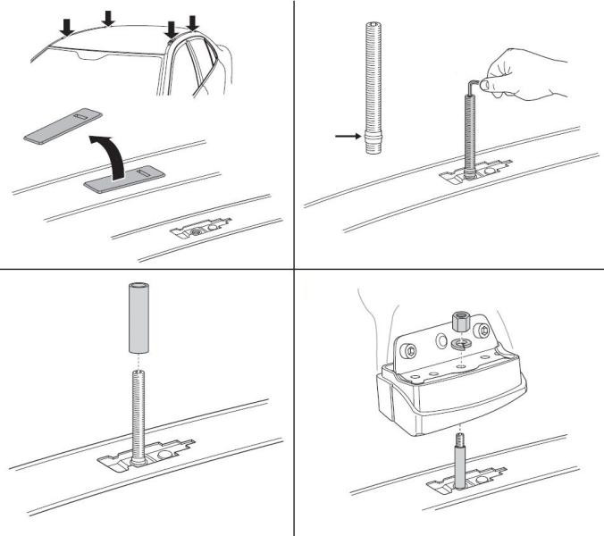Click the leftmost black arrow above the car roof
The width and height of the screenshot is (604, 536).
[65, 28]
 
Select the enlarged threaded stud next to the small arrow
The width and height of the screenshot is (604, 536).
[373, 90]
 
